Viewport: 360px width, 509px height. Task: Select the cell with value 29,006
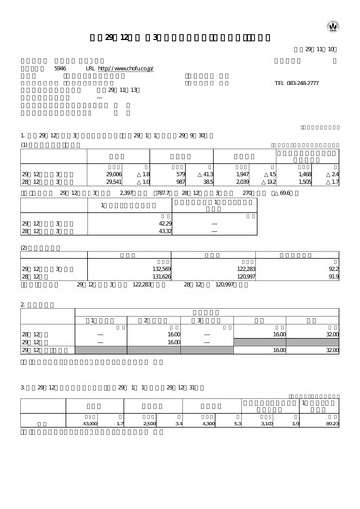tap(114, 174)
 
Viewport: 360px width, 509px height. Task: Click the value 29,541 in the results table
tap(114, 182)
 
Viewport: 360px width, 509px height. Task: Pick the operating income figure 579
tap(181, 174)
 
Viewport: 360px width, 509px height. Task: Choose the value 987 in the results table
tap(181, 182)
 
